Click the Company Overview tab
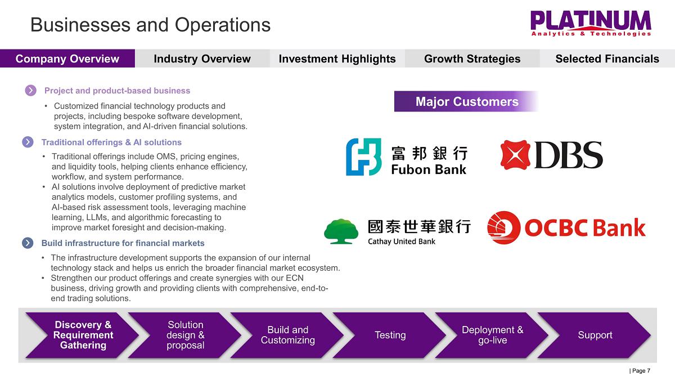[67, 59]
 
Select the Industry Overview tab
[202, 59]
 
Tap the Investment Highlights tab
[337, 59]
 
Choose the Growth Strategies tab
[472, 59]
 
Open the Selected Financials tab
[607, 59]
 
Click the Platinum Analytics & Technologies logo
[591, 24]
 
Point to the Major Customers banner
[466, 101]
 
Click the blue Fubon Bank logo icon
[364, 157]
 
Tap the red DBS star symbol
[515, 155]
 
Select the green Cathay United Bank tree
[341, 231]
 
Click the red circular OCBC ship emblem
[503, 227]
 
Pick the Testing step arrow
[390, 335]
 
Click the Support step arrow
[595, 335]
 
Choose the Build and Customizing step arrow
[288, 335]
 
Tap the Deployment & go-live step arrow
[492, 335]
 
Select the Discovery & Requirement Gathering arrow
[83, 335]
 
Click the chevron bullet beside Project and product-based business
[30, 90]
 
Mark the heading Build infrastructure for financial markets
[123, 243]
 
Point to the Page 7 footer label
[640, 370]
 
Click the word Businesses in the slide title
[80, 25]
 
